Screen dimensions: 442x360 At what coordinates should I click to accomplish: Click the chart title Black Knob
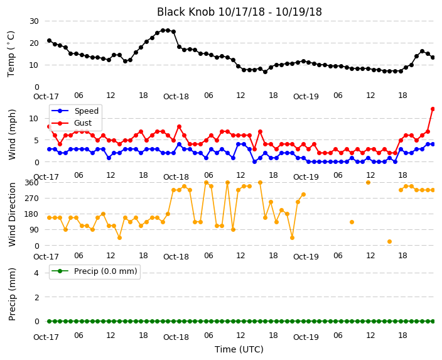click(185, 12)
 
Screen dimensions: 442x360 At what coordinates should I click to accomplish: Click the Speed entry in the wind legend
click(86, 111)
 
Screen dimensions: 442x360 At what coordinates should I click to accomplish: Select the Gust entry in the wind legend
click(83, 123)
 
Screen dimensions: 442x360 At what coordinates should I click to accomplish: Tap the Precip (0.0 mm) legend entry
click(105, 271)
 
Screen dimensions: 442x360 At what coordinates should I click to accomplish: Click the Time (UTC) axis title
click(239, 349)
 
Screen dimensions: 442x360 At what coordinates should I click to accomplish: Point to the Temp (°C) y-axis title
click(11, 54)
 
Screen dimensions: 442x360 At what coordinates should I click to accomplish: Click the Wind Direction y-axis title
click(12, 215)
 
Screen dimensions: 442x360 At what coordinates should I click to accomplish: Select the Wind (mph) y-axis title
click(12, 134)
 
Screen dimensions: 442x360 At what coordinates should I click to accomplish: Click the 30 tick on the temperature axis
click(34, 21)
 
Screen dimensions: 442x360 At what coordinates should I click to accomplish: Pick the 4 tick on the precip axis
click(36, 273)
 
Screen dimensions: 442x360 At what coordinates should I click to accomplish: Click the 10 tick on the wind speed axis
click(33, 119)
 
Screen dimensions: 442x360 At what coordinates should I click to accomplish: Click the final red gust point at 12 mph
click(433, 109)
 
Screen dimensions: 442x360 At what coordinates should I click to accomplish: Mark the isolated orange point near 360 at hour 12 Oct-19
click(368, 183)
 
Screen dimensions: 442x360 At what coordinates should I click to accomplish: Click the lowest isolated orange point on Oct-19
click(389, 241)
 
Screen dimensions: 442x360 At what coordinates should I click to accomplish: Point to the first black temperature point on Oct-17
click(50, 41)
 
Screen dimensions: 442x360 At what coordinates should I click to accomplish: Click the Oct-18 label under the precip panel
click(176, 337)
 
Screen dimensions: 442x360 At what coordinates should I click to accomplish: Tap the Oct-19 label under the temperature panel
click(306, 97)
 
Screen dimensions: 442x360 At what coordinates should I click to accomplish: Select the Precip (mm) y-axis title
click(12, 294)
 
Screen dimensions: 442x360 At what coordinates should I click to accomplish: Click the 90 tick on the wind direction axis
click(34, 230)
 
